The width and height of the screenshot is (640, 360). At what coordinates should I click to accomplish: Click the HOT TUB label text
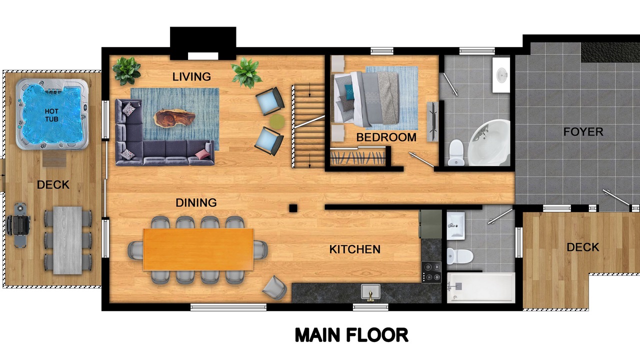pyautogui.click(x=51, y=115)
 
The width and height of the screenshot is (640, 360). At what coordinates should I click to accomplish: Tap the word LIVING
pyautogui.click(x=191, y=76)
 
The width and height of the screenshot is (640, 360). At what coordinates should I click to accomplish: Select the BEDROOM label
pyautogui.click(x=386, y=137)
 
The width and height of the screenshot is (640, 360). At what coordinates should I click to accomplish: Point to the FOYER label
pyautogui.click(x=583, y=131)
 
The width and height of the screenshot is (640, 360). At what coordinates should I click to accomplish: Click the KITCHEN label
pyautogui.click(x=355, y=249)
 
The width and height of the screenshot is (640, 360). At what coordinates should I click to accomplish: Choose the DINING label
pyautogui.click(x=196, y=202)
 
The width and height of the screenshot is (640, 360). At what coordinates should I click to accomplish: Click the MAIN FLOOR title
pyautogui.click(x=351, y=335)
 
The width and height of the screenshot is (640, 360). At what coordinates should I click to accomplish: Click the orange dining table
pyautogui.click(x=198, y=249)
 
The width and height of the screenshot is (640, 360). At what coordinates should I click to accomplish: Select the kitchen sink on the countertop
pyautogui.click(x=370, y=292)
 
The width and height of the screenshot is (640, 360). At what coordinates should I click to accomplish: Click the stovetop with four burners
pyautogui.click(x=431, y=272)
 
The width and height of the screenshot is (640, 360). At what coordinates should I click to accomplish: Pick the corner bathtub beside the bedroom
pyautogui.click(x=489, y=143)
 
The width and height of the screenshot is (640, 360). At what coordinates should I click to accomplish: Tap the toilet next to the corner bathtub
pyautogui.click(x=456, y=152)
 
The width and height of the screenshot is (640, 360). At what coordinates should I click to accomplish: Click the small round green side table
pyautogui.click(x=277, y=121)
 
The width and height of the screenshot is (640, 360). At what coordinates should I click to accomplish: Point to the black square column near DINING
pyautogui.click(x=293, y=208)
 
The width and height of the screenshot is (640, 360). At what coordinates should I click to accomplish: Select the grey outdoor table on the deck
pyautogui.click(x=67, y=240)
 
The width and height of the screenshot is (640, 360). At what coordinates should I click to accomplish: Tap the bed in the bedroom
pyautogui.click(x=365, y=99)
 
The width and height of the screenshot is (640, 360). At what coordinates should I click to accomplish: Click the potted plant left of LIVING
pyautogui.click(x=126, y=71)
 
